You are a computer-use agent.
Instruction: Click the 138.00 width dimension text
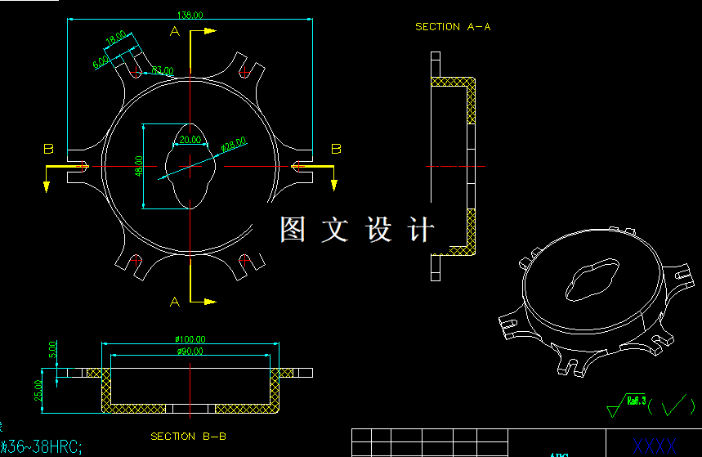[190, 15]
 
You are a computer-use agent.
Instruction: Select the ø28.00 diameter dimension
[234, 146]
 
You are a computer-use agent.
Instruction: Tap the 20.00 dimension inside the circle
[190, 140]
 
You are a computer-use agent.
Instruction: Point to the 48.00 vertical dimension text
[139, 166]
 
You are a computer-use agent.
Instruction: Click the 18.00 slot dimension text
[116, 40]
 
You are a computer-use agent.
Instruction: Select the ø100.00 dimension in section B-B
[190, 339]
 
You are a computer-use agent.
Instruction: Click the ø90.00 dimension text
[190, 352]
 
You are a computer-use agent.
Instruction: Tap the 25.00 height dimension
[38, 391]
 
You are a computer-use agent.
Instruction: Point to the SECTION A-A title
[453, 27]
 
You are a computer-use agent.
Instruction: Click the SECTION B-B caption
[184, 437]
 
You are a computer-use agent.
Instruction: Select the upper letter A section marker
[173, 31]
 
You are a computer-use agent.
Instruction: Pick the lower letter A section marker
[173, 302]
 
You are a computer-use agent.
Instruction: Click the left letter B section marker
[48, 149]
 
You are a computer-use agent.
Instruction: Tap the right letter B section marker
[335, 148]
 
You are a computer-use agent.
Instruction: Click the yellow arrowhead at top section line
[209, 31]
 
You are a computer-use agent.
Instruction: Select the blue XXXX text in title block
[655, 446]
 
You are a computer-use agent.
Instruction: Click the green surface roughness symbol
[651, 404]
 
